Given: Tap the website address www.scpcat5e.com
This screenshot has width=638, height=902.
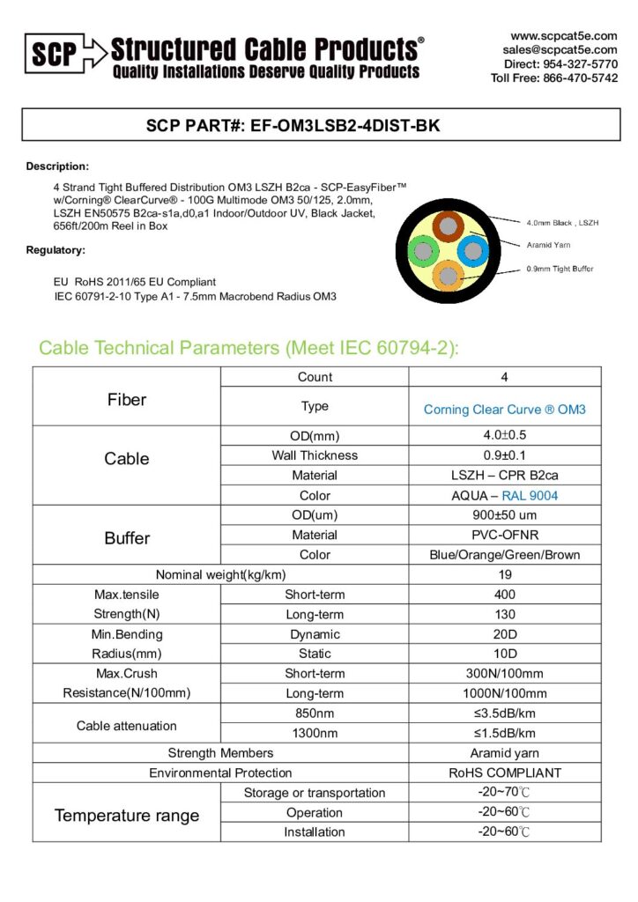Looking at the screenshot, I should [564, 36].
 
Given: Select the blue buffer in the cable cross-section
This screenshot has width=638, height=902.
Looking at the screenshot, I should [472, 251].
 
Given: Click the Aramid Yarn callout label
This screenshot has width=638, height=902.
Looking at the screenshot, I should [547, 246].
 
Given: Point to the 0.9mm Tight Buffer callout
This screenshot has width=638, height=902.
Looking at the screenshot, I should [560, 269].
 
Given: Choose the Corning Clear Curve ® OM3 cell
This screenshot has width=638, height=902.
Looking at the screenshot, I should [504, 410].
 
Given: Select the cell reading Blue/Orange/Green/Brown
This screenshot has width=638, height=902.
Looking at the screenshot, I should [504, 555].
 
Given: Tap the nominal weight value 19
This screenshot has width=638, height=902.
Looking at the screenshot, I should [504, 574].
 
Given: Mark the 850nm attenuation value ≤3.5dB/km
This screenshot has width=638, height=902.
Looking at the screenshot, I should [504, 713].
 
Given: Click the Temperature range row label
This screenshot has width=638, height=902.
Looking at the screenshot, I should [127, 815].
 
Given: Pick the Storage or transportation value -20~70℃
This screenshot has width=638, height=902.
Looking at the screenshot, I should [504, 793].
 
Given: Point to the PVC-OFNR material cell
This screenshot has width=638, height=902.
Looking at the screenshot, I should [504, 535].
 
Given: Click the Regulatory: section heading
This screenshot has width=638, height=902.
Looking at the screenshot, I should [56, 251].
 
